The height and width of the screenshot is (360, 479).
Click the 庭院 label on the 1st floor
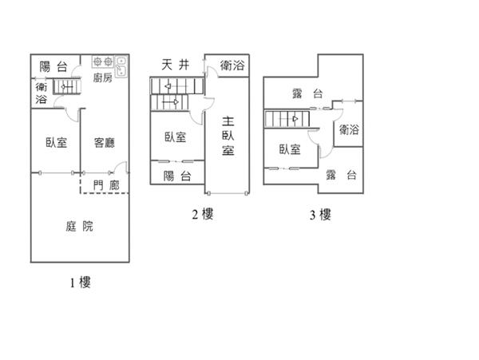click(79, 226)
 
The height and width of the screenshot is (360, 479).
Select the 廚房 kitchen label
click(102, 78)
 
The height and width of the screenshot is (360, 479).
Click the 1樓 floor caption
click(80, 282)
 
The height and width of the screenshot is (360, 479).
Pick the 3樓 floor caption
click(319, 214)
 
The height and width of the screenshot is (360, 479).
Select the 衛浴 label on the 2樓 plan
click(232, 67)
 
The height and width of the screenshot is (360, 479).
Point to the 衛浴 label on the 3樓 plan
click(348, 129)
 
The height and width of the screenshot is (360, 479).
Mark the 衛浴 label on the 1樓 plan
click(41, 93)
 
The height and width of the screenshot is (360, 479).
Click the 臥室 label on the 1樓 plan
click(57, 144)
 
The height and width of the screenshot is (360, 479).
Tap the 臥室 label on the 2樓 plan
click(176, 136)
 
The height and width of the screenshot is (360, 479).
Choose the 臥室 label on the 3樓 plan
click(290, 149)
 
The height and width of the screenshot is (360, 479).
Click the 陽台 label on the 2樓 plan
click(177, 176)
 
